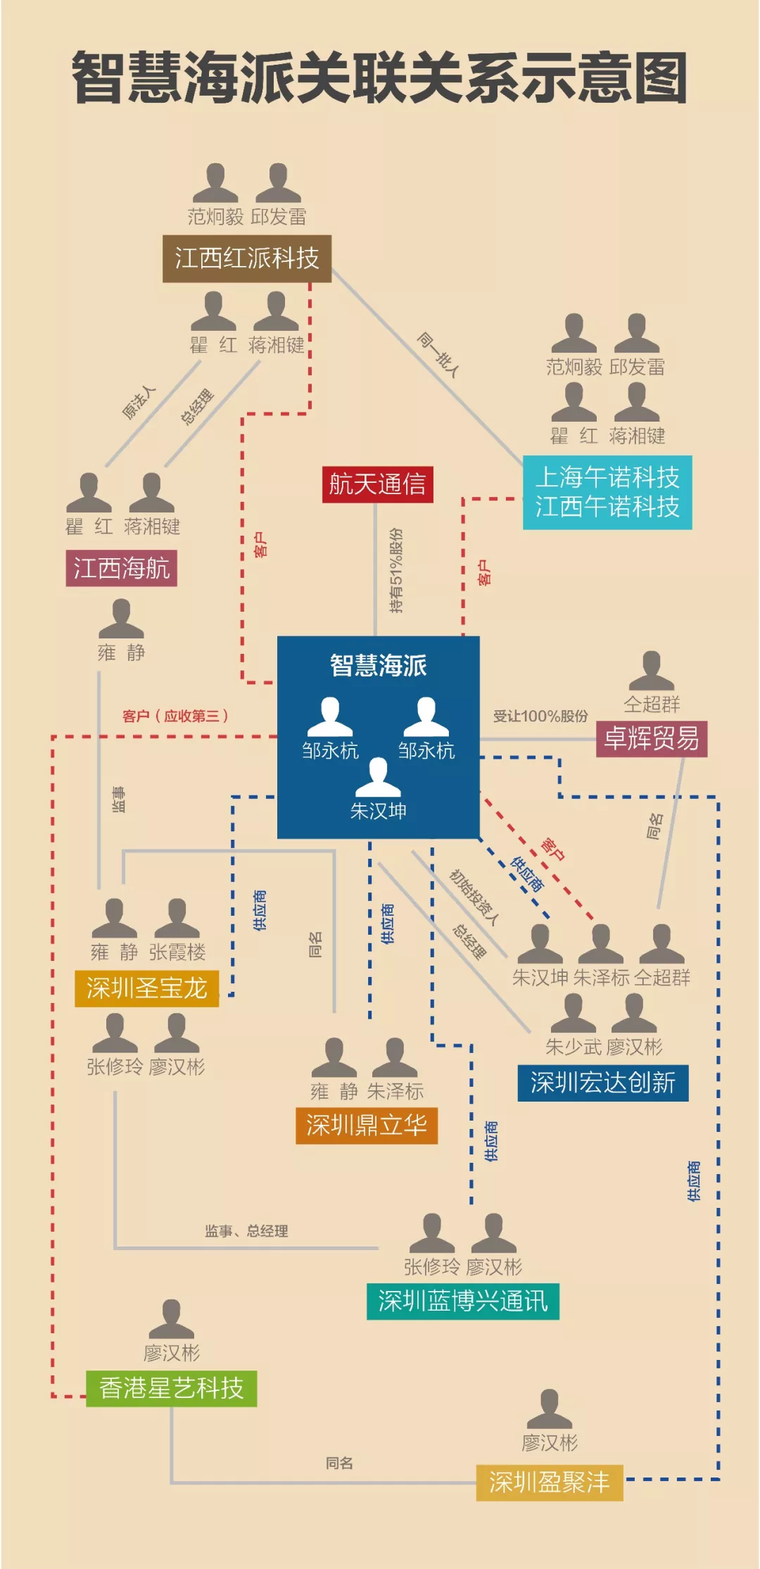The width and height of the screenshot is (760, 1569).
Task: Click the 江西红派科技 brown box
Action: pos(246,258)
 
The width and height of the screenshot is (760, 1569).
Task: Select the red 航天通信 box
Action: pos(377,484)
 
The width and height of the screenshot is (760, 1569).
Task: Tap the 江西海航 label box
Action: pos(121,568)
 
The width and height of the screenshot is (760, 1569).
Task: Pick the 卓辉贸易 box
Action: pos(651,738)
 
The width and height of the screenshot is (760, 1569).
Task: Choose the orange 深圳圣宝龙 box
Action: pos(146,988)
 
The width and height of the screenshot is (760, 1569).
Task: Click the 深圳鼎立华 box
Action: pos(366,1125)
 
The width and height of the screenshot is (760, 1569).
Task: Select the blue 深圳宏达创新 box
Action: pos(602,1083)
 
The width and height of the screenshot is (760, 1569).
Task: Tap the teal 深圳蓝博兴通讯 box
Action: pos(462,1301)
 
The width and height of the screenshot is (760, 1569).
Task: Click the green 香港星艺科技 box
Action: pos(171,1387)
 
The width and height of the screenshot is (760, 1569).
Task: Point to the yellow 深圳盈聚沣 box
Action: pos(549,1482)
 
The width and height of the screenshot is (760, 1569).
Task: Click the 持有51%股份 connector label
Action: pos(397,570)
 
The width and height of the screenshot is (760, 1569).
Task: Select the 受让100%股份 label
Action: pos(540,716)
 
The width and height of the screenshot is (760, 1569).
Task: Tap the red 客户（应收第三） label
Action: pos(175,716)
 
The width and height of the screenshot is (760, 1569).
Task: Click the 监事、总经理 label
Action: pos(246,1230)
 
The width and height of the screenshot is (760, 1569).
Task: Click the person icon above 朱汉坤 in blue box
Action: pos(378,776)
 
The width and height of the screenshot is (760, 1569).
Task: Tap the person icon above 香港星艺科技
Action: pos(171,1318)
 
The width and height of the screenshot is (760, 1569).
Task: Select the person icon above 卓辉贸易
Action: pos(651,670)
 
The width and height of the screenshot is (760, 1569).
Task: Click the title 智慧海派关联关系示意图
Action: pos(380,78)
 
